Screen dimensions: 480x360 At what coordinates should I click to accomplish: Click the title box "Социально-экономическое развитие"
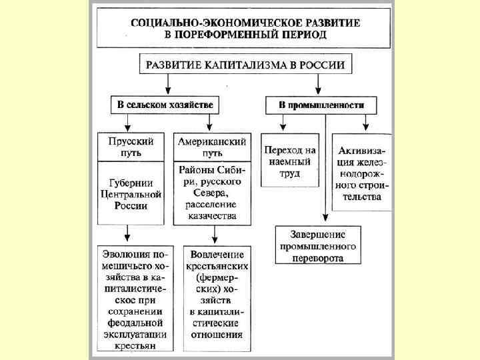click(x=245, y=29)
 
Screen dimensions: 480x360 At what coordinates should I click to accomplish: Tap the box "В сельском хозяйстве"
click(x=165, y=105)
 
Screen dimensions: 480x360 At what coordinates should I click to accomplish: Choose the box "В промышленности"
click(x=321, y=105)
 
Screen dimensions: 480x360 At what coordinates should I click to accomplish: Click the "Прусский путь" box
click(x=131, y=147)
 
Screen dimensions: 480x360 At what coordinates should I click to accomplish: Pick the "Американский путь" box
click(x=211, y=147)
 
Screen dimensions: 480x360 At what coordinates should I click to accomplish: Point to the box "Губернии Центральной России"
click(x=131, y=193)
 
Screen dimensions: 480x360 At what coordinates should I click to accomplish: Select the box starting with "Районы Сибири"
click(x=211, y=193)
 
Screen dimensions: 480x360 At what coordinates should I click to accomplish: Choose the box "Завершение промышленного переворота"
click(x=317, y=245)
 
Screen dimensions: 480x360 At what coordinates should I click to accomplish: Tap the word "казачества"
click(x=212, y=216)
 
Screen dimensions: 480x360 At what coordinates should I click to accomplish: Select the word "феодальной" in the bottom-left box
click(x=134, y=323)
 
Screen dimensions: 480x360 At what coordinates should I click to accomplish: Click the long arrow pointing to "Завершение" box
click(x=325, y=167)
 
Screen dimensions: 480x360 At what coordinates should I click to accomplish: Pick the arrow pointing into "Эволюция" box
click(x=127, y=235)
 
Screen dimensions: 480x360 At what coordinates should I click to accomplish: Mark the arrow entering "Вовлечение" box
click(x=213, y=235)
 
